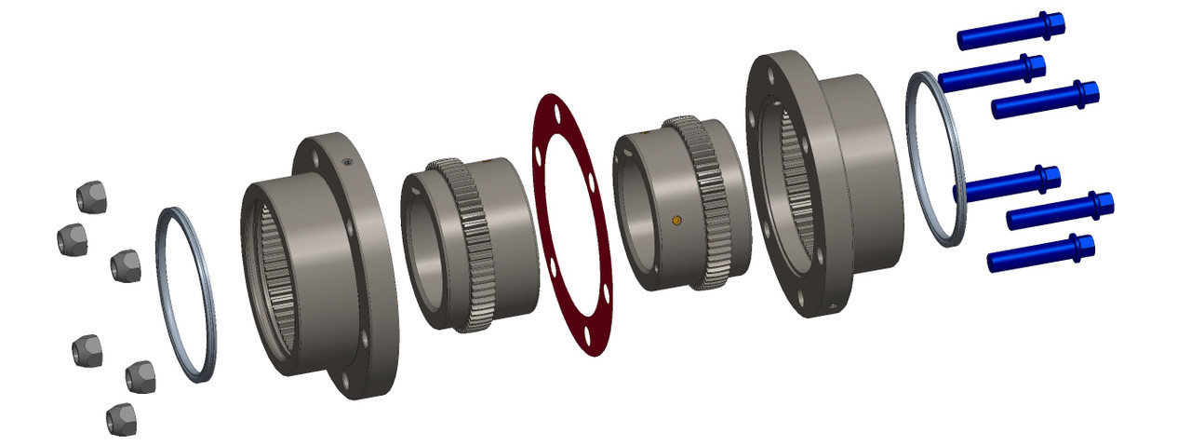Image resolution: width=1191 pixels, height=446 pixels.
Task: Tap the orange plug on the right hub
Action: coord(676,220)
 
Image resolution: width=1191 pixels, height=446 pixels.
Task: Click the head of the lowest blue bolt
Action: coord(1082,246)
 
